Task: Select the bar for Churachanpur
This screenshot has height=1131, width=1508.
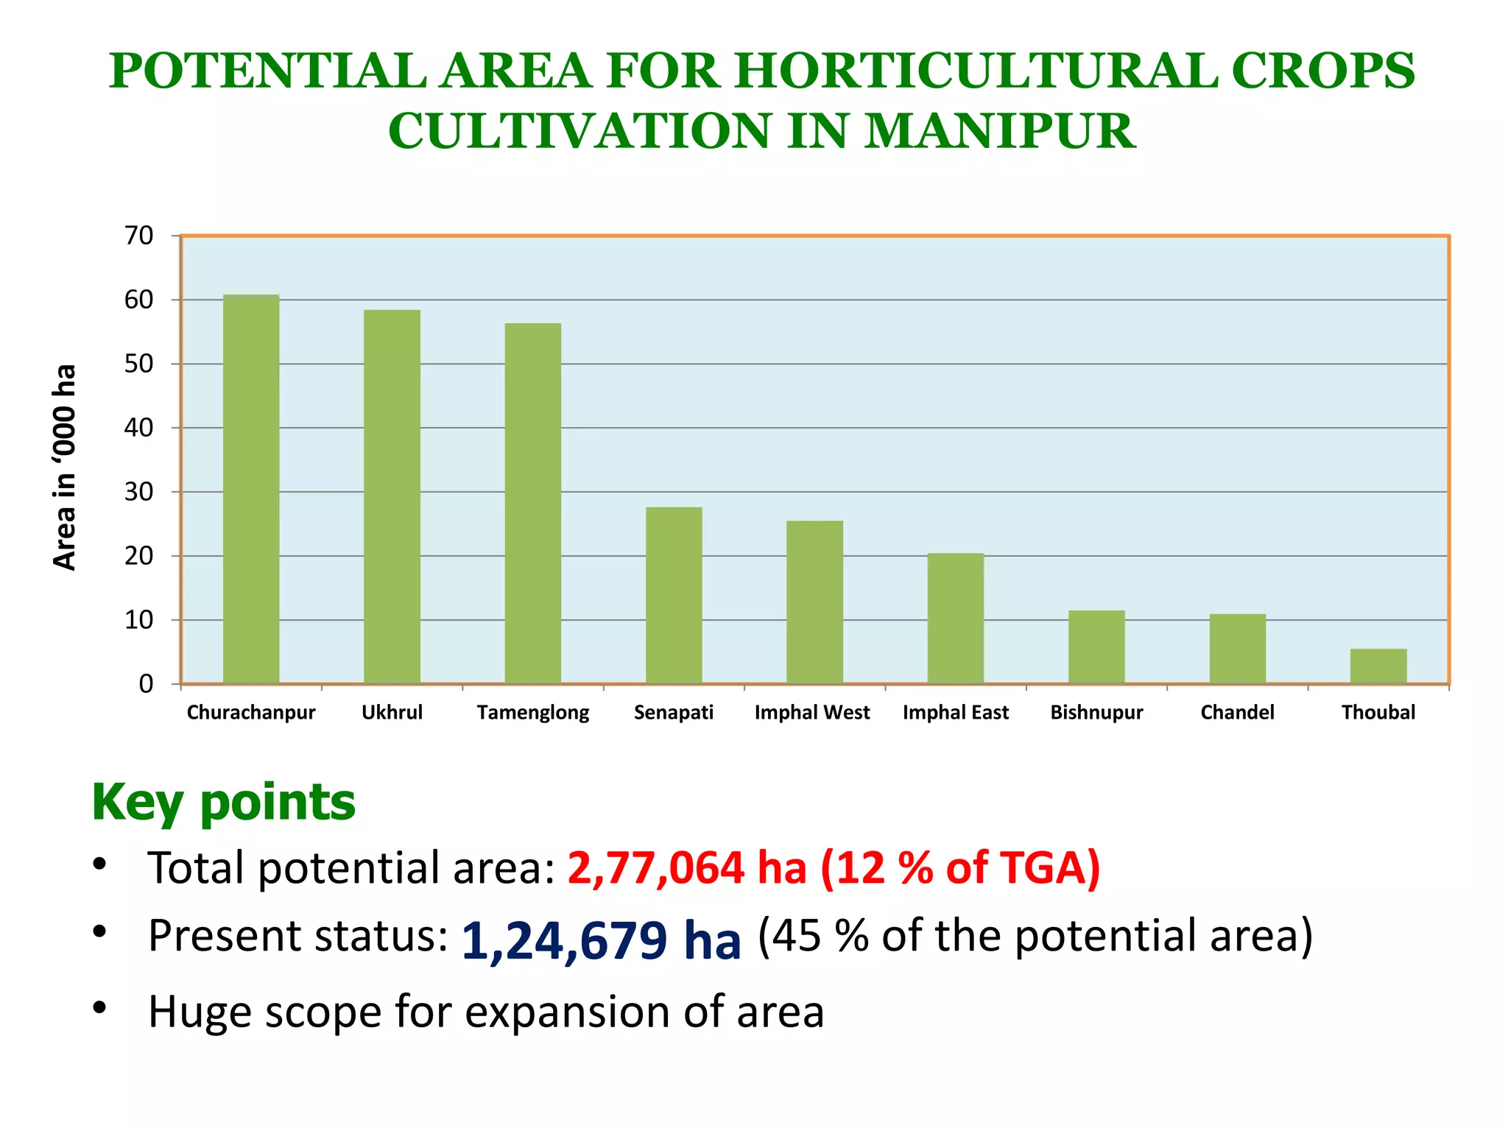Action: [x=251, y=489]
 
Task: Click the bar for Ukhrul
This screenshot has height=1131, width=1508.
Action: [x=392, y=496]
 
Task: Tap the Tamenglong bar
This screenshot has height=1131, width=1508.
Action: [x=533, y=503]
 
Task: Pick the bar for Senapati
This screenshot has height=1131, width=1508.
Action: [x=674, y=595]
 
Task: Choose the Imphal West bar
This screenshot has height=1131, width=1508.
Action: [x=814, y=602]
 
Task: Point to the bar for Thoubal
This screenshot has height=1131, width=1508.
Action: [x=1378, y=666]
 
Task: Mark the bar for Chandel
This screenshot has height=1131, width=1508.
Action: [x=1237, y=648]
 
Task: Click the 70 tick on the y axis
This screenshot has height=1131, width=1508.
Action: [x=138, y=236]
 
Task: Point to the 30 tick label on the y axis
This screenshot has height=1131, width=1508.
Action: [x=138, y=492]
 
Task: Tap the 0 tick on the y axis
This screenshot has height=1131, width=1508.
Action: [x=146, y=684]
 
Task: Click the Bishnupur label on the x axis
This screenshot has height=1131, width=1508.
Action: [x=1096, y=712]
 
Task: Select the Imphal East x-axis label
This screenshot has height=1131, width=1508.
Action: [x=956, y=712]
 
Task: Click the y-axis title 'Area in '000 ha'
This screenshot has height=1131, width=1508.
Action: [x=65, y=467]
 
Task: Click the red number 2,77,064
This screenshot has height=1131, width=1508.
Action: [x=655, y=867]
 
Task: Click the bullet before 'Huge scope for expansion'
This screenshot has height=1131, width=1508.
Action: [x=100, y=1007]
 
